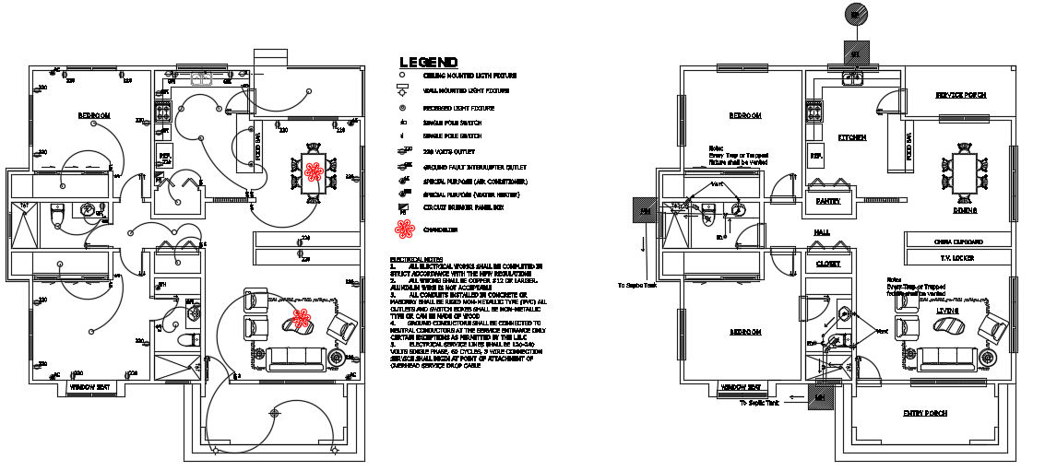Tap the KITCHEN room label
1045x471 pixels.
[851, 137]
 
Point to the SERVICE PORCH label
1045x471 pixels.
[961, 95]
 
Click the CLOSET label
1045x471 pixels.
[828, 265]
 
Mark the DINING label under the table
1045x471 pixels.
[965, 211]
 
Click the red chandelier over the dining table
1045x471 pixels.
[313, 171]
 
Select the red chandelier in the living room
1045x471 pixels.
[299, 319]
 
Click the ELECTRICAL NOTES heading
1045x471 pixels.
[419, 260]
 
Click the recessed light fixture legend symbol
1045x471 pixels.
[402, 109]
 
